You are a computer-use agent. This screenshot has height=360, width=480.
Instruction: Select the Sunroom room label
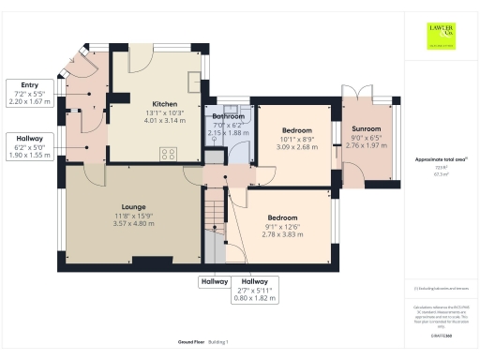[x=367, y=127]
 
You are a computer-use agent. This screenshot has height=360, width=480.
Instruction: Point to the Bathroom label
[x=228, y=116]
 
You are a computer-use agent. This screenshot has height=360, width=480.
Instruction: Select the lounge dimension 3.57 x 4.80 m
[x=131, y=223]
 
